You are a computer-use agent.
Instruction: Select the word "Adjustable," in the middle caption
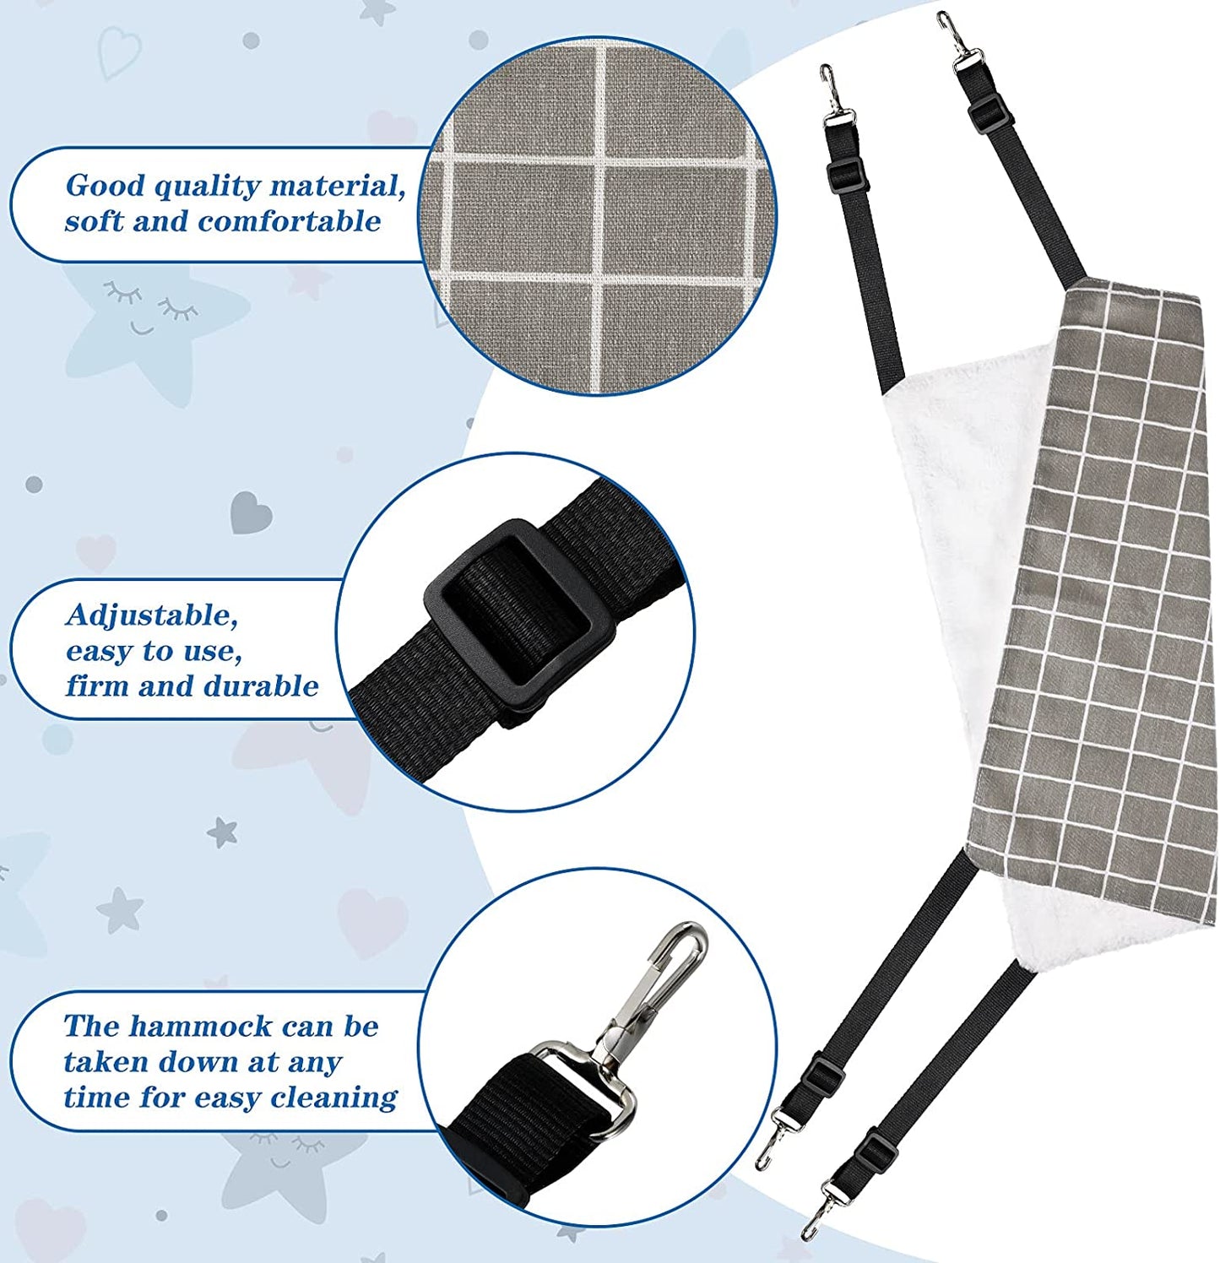tap(152, 615)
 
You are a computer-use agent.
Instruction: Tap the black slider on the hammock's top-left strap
tap(848, 176)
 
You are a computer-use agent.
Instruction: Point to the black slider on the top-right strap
tap(987, 113)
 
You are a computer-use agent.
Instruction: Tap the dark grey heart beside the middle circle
tap(252, 512)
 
